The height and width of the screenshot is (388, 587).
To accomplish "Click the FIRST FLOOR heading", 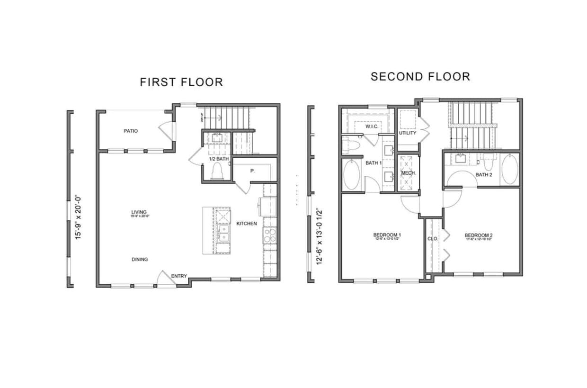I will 181,82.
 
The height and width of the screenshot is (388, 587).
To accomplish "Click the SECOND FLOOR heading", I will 420,76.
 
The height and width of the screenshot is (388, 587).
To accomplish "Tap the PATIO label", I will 131,131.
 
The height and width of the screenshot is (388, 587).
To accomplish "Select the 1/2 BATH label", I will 219,159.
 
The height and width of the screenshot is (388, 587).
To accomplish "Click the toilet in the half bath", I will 217,171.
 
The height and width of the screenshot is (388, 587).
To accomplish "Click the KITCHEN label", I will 247,223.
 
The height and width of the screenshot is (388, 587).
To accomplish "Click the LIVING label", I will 139,212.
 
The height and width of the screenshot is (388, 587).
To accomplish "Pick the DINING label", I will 140,259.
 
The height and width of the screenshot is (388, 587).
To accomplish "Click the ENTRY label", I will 179,276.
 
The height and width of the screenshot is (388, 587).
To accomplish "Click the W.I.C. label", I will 371,126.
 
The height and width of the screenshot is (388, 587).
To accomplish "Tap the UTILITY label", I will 408,133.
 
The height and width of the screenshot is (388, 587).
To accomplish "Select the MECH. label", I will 408,173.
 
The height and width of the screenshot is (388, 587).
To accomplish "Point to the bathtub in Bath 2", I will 509,169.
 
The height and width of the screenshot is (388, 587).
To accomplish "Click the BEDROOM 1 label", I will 387,235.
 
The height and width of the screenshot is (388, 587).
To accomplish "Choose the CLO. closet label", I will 432,238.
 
